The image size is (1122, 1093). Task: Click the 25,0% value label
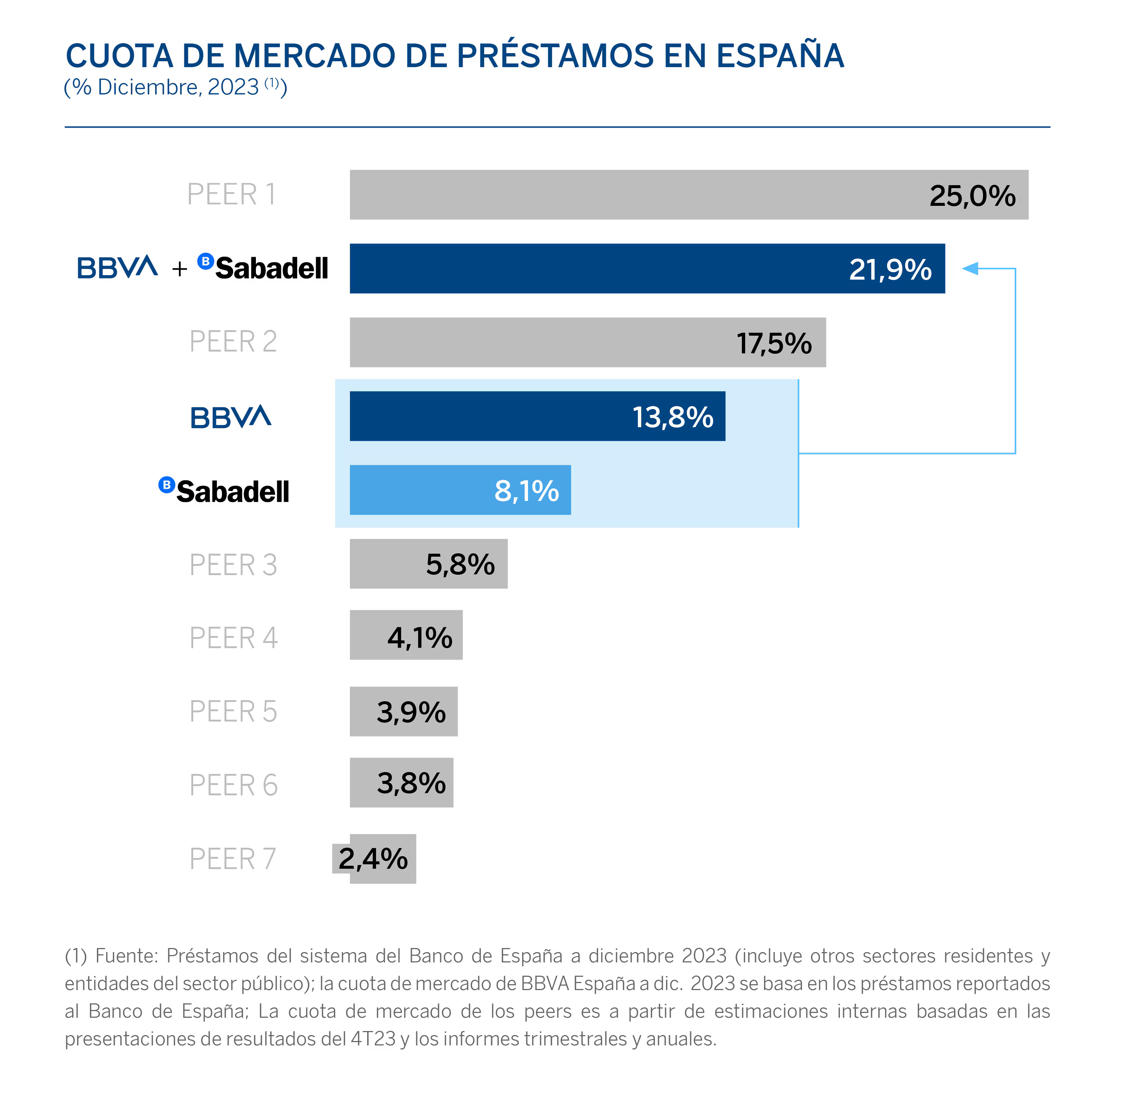tap(972, 196)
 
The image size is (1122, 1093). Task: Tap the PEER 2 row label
tap(233, 342)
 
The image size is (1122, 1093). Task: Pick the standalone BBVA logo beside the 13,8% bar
tap(231, 417)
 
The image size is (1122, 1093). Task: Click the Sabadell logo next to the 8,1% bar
tap(225, 491)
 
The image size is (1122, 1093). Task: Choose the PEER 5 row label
tap(233, 712)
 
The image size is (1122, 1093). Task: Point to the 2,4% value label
tap(373, 859)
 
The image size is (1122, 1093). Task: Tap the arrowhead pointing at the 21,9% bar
tap(970, 268)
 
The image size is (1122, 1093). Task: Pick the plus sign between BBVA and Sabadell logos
tap(180, 269)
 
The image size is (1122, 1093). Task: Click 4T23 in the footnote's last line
tap(373, 1038)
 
